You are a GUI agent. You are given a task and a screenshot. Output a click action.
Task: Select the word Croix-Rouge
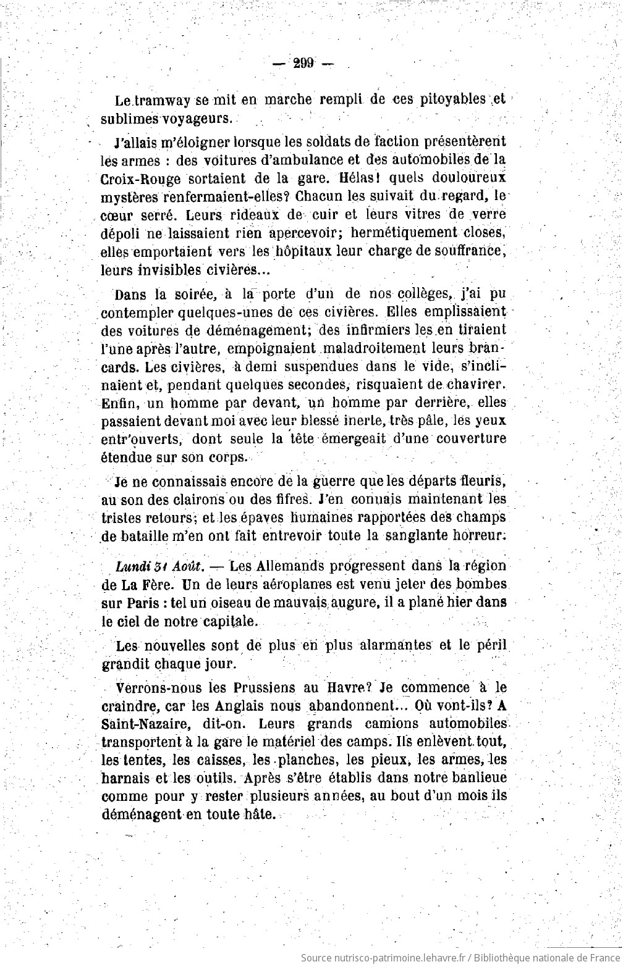pos(141,180)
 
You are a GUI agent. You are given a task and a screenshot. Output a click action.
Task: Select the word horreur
pos(481,535)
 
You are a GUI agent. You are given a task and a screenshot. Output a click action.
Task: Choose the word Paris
pos(141,602)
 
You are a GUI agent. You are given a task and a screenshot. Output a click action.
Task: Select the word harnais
pos(123,778)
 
